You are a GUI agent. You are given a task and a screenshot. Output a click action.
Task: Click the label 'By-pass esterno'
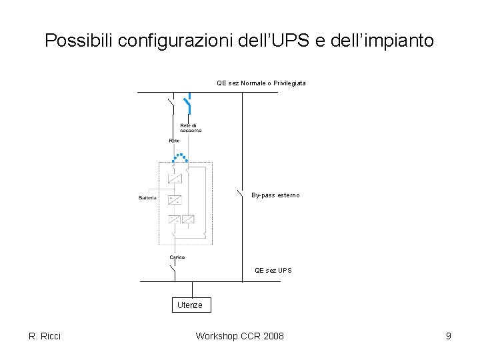[275, 195]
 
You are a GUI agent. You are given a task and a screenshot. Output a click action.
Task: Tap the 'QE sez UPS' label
[273, 271]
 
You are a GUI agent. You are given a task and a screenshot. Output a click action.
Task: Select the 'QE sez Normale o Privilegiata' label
[261, 83]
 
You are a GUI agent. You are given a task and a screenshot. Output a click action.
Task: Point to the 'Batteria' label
[147, 198]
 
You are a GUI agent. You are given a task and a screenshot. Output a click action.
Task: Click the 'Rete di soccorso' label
[191, 128]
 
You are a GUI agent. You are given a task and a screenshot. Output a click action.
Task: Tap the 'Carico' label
[177, 257]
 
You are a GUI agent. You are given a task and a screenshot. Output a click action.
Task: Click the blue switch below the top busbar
[188, 104]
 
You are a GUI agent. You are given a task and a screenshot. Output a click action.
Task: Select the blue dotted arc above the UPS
[180, 157]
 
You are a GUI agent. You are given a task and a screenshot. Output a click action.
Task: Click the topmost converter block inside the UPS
[175, 179]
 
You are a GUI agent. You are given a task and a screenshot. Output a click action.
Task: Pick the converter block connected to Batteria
[175, 199]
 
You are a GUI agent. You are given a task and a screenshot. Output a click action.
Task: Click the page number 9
[449, 336]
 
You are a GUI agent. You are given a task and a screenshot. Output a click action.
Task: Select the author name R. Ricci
[45, 336]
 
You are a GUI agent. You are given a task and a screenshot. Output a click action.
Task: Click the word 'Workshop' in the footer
[217, 336]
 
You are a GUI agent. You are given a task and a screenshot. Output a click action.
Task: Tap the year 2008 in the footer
[273, 336]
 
